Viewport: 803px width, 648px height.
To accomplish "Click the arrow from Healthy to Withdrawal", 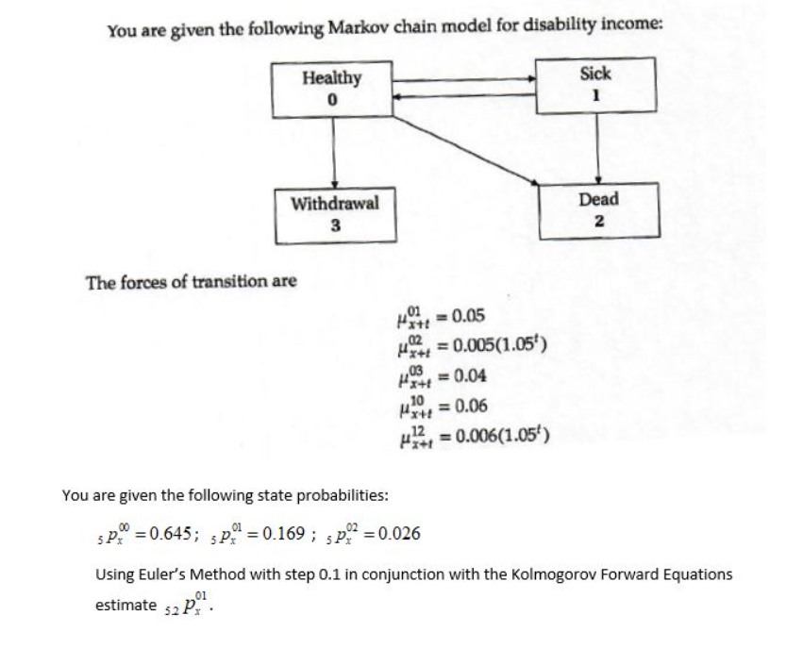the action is [x=333, y=150].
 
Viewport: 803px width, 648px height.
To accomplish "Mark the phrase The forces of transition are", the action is [x=192, y=281].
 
